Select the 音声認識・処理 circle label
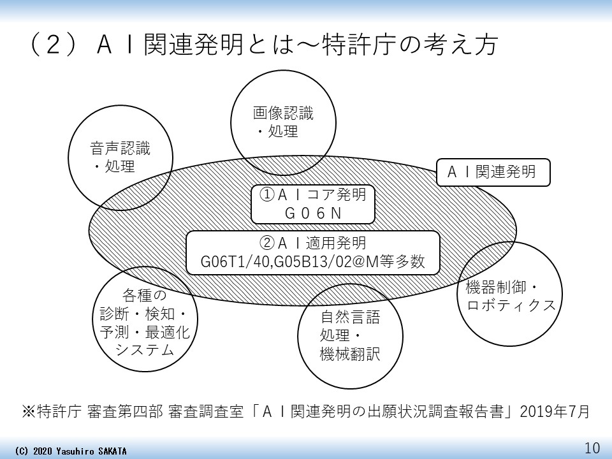120,158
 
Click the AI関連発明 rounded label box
493,172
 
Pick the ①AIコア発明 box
312,195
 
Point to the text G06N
312,214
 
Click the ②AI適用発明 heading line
312,243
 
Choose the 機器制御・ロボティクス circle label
511,295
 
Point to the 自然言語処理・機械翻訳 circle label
349,335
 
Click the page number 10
592,448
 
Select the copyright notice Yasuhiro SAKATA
70,451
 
